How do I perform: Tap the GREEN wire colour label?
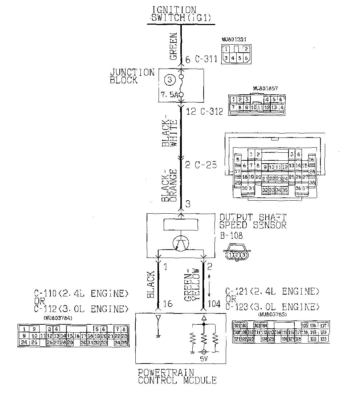click(173, 46)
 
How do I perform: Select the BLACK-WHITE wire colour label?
click(169, 133)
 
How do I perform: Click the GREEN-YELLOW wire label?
click(192, 285)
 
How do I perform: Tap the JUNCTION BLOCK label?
click(132, 76)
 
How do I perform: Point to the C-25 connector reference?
click(202, 165)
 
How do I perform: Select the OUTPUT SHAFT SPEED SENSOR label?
click(253, 221)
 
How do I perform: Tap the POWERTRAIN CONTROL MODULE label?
click(177, 377)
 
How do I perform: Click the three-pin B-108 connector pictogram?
click(237, 255)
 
